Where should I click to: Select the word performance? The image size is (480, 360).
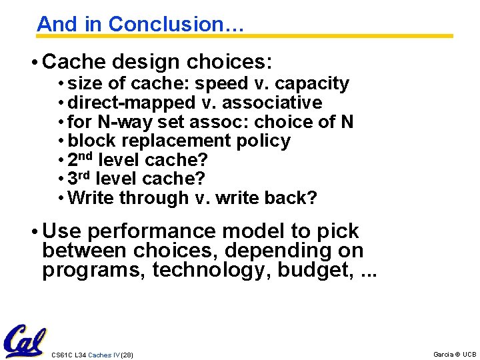151,231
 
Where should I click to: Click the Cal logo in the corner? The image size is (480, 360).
24,342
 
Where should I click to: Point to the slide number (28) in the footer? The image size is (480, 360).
125,355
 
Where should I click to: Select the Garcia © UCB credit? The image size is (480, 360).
454,355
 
